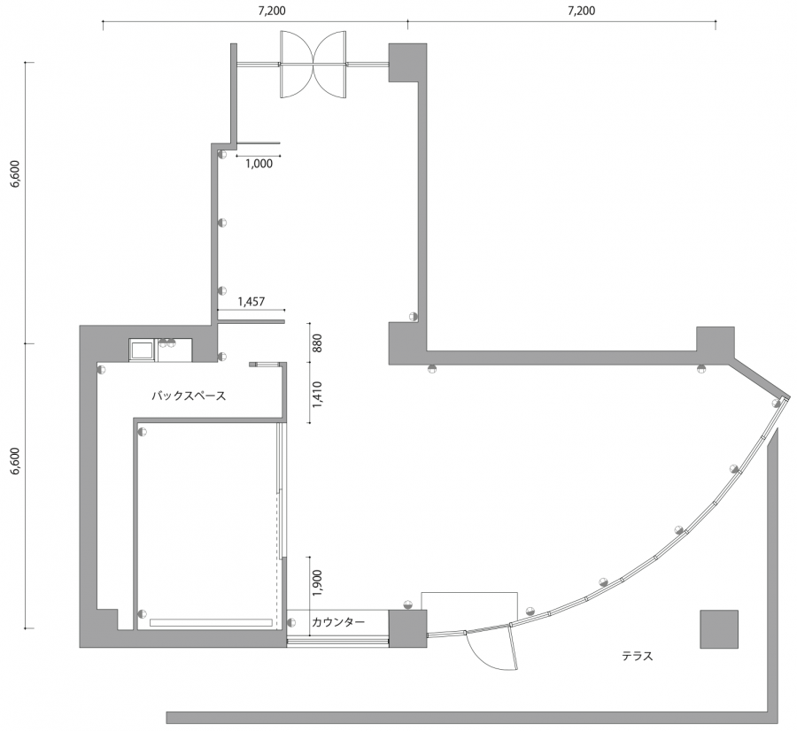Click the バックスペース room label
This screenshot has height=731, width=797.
click(189, 396)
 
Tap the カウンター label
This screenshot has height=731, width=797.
click(338, 622)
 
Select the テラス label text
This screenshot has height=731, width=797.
click(637, 656)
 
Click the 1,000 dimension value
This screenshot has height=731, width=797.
click(259, 164)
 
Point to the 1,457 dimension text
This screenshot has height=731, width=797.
click(251, 302)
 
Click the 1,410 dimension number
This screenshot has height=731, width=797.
click(318, 395)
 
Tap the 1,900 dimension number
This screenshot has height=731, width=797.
click(318, 582)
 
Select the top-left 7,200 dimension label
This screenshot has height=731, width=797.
click(272, 11)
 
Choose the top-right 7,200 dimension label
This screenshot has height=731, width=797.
click(581, 11)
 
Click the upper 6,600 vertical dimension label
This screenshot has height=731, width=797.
click(16, 173)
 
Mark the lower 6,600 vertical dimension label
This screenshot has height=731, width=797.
click(16, 461)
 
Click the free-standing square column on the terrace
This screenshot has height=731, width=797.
click(719, 629)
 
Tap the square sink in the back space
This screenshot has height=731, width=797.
click(142, 350)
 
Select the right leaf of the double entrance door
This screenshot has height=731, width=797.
click(330, 64)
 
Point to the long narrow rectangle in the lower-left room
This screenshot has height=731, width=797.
click(211, 622)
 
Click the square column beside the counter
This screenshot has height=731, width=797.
click(407, 629)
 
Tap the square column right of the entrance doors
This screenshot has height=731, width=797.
click(407, 62)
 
